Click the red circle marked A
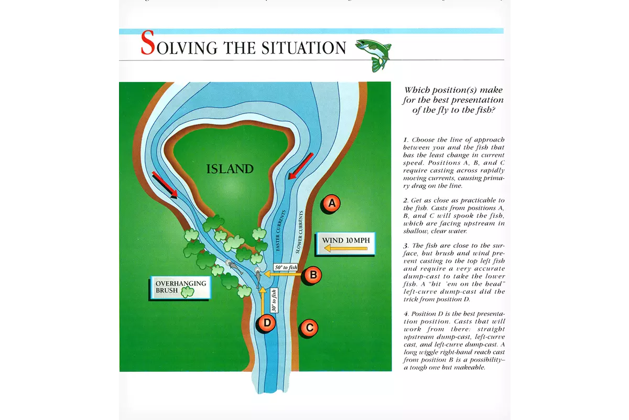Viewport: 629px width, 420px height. [x=331, y=203]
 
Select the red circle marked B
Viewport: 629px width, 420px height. [x=313, y=274]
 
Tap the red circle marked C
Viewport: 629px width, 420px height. [x=309, y=328]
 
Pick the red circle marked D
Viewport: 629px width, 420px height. [x=267, y=323]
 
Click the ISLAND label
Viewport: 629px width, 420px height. [x=230, y=169]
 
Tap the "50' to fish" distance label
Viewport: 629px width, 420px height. [x=286, y=267]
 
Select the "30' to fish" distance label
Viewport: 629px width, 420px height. [x=274, y=300]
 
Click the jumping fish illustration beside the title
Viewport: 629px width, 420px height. [x=374, y=52]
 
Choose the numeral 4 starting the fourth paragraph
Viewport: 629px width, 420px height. [x=405, y=313]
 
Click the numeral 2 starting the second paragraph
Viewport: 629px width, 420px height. [x=405, y=200]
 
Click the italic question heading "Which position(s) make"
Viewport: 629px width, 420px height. [x=453, y=90]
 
